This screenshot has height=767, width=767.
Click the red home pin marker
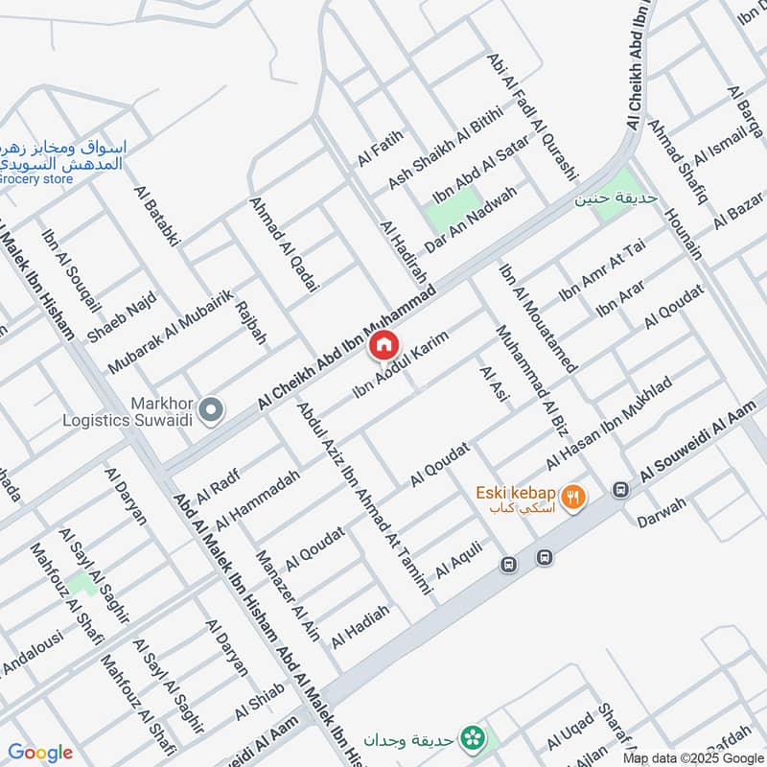tap(383, 344)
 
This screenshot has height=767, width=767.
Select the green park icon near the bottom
tap(471, 737)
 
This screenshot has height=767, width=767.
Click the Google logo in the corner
tap(40, 753)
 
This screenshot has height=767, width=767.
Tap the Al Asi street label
tap(492, 384)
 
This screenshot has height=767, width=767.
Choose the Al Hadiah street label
tap(360, 626)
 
